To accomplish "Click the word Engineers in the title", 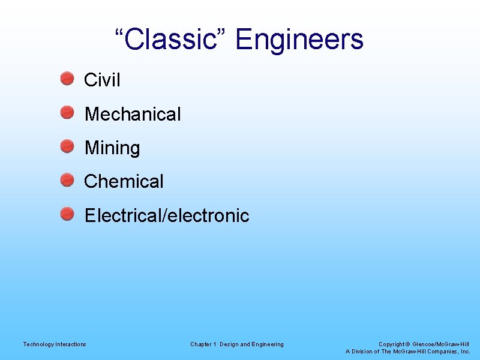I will (299, 40).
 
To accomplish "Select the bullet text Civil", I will (102, 80).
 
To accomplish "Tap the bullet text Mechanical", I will (133, 114).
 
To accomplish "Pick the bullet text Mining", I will (112, 148).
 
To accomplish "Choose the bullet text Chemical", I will (124, 181).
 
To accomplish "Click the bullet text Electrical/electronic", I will (167, 215).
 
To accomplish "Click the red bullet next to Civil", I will (67, 78).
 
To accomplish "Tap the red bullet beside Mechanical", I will (67, 112).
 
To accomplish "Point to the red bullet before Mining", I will (67, 146).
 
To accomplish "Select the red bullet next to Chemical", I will (67, 179).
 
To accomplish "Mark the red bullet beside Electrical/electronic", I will (67, 214).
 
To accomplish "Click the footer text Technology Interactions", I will (55, 344).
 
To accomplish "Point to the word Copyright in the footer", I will (391, 344).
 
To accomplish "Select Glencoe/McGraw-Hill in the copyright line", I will (441, 344).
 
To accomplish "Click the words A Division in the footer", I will (359, 352).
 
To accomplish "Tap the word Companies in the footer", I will (443, 352).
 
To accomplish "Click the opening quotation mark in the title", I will (119, 33).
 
